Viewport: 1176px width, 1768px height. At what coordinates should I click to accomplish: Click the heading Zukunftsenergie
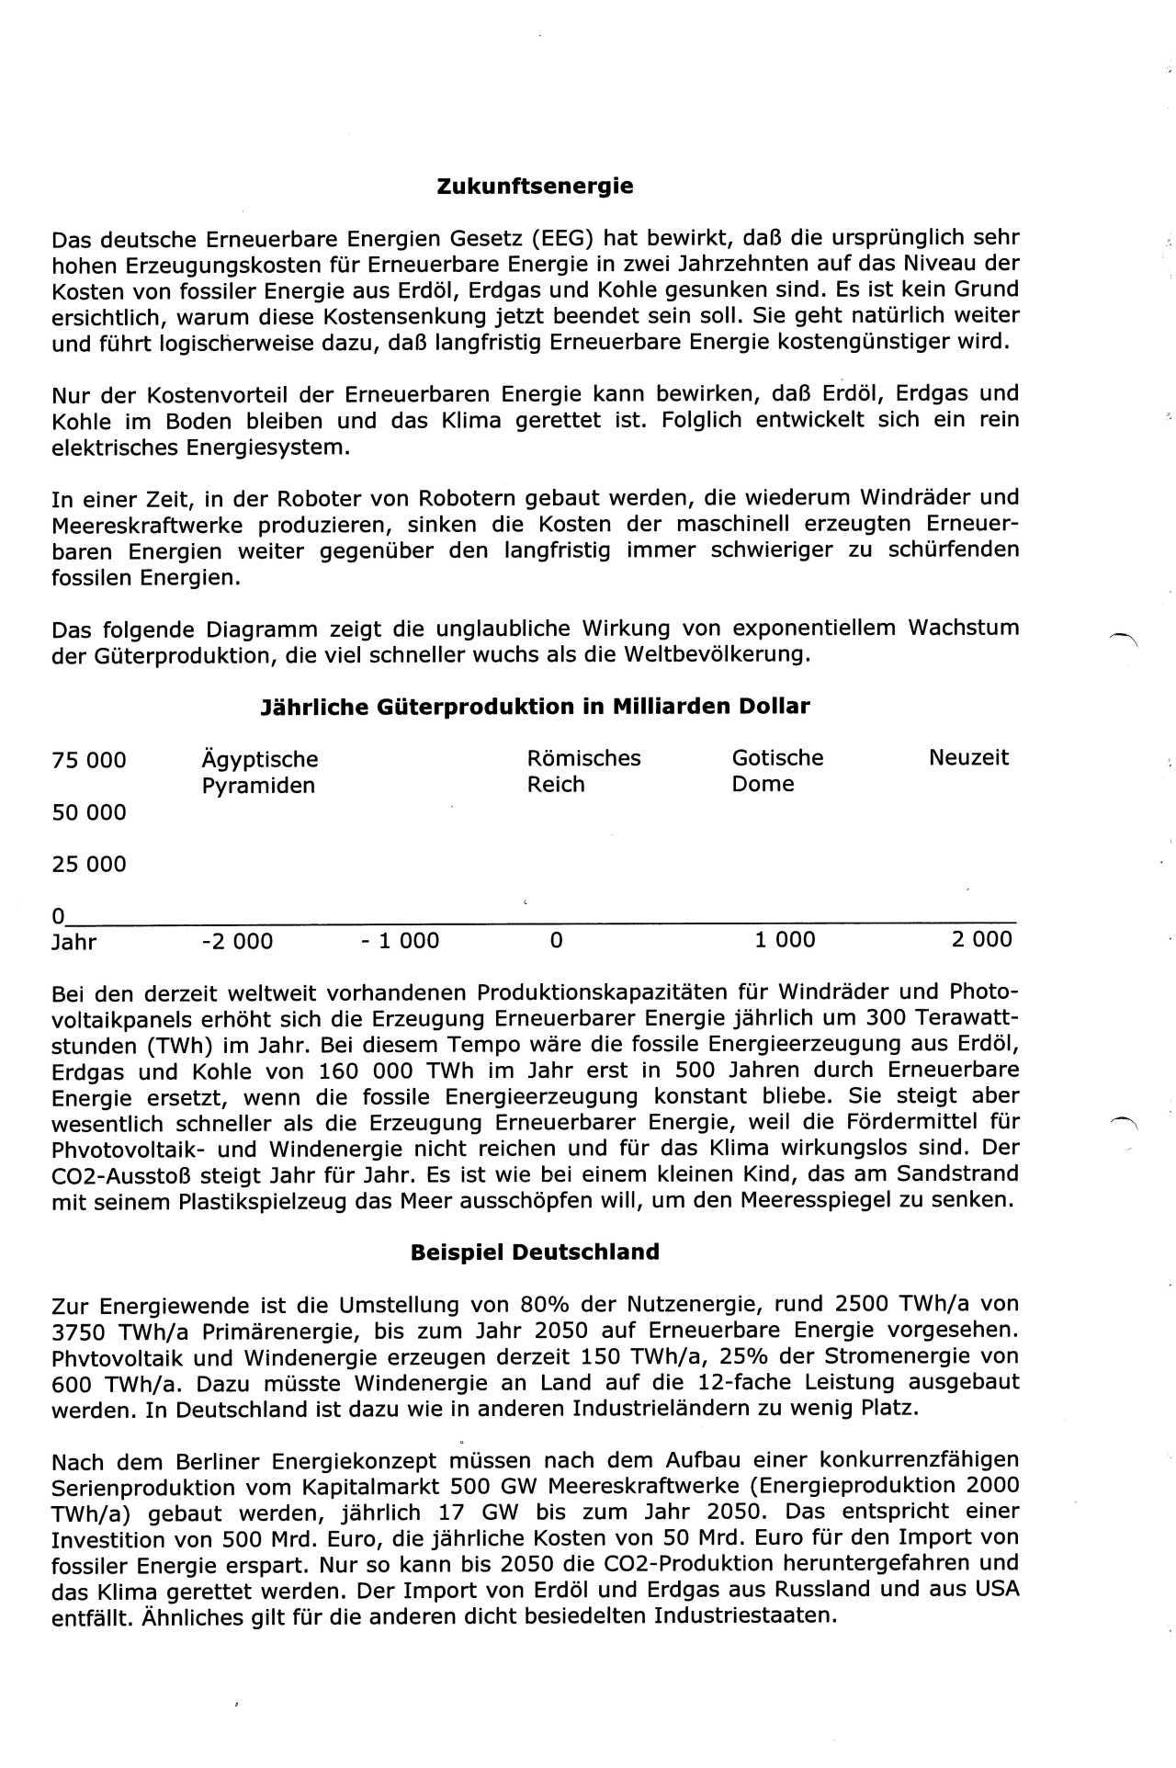pos(535,187)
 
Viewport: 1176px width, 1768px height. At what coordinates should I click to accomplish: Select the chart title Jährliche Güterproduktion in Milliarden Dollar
pos(536,707)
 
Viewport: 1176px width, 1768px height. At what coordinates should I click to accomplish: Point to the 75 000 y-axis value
pos(89,760)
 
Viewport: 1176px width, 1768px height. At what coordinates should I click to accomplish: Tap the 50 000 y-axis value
pos(89,812)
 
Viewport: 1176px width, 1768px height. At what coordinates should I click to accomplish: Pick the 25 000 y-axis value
pos(89,864)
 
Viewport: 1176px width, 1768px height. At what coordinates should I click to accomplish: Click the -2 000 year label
pos(236,941)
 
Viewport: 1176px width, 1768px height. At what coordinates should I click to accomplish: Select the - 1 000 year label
pos(400,941)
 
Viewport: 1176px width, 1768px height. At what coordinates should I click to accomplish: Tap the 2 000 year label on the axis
pos(981,939)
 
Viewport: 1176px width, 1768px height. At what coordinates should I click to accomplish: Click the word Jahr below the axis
pos(74,942)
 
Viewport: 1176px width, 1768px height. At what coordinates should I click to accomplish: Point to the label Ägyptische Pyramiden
pos(259,772)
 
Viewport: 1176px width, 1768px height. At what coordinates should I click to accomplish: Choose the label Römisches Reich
pos(583,771)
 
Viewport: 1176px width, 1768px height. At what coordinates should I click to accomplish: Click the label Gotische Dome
pos(777,771)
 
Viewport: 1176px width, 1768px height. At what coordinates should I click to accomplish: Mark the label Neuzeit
pos(968,758)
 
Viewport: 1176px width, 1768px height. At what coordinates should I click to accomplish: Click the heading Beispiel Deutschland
pos(535,1252)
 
